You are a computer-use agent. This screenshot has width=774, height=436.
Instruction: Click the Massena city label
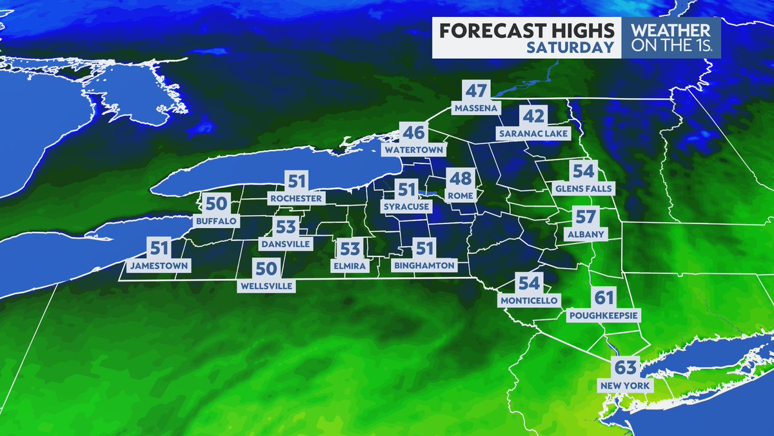coord(476,108)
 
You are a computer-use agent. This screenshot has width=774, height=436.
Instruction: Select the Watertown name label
coord(415,150)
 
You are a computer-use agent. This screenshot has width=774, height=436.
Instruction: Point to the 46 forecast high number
coord(413,134)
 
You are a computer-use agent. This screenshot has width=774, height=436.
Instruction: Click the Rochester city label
coord(297,198)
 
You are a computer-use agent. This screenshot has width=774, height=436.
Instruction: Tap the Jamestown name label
coord(159,265)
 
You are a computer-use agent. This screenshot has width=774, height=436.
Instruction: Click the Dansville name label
coord(285,244)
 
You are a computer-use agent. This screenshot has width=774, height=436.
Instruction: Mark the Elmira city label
coord(350,265)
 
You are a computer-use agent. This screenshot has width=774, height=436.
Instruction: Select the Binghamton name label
coord(424,265)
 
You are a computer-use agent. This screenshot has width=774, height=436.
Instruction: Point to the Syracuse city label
coord(406,207)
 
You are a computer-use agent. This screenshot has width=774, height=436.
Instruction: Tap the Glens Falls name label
coord(583,189)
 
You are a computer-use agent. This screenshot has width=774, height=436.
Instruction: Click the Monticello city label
coord(529,300)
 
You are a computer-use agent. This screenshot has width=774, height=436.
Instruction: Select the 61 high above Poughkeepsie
coord(604,298)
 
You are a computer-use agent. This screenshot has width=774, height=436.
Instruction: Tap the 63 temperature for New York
coord(626,369)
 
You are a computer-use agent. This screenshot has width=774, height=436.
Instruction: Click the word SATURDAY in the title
coord(569,47)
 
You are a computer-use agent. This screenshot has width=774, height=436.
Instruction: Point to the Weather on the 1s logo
coord(671,37)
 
